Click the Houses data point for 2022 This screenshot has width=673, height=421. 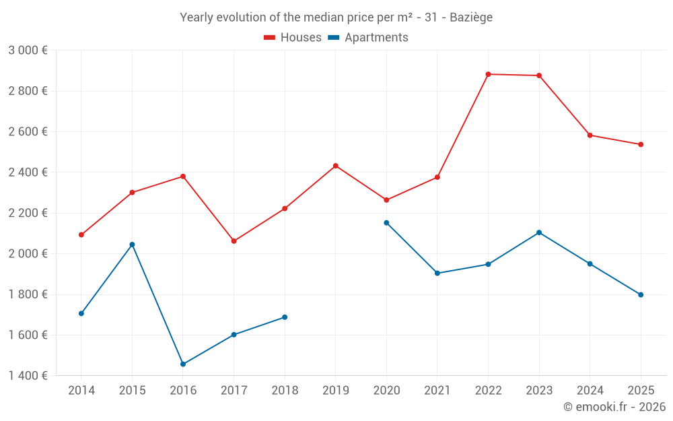(488, 74)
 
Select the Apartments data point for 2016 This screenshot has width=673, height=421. (183, 364)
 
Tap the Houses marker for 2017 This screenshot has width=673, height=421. (234, 241)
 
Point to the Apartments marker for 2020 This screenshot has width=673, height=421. (386, 223)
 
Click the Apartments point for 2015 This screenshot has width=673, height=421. (132, 245)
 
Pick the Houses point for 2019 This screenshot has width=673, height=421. (335, 166)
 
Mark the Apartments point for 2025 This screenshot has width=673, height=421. (641, 294)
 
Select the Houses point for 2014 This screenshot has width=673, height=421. (81, 235)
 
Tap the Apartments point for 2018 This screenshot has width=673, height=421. (285, 317)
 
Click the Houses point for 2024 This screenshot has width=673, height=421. (590, 135)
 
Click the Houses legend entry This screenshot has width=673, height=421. (293, 38)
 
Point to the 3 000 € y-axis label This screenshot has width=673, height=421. (28, 51)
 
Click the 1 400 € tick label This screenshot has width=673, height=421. (28, 376)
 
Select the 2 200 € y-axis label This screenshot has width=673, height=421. (28, 213)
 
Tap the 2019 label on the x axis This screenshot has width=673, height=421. (335, 391)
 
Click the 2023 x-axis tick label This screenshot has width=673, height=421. (539, 391)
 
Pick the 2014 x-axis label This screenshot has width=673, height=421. (81, 391)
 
